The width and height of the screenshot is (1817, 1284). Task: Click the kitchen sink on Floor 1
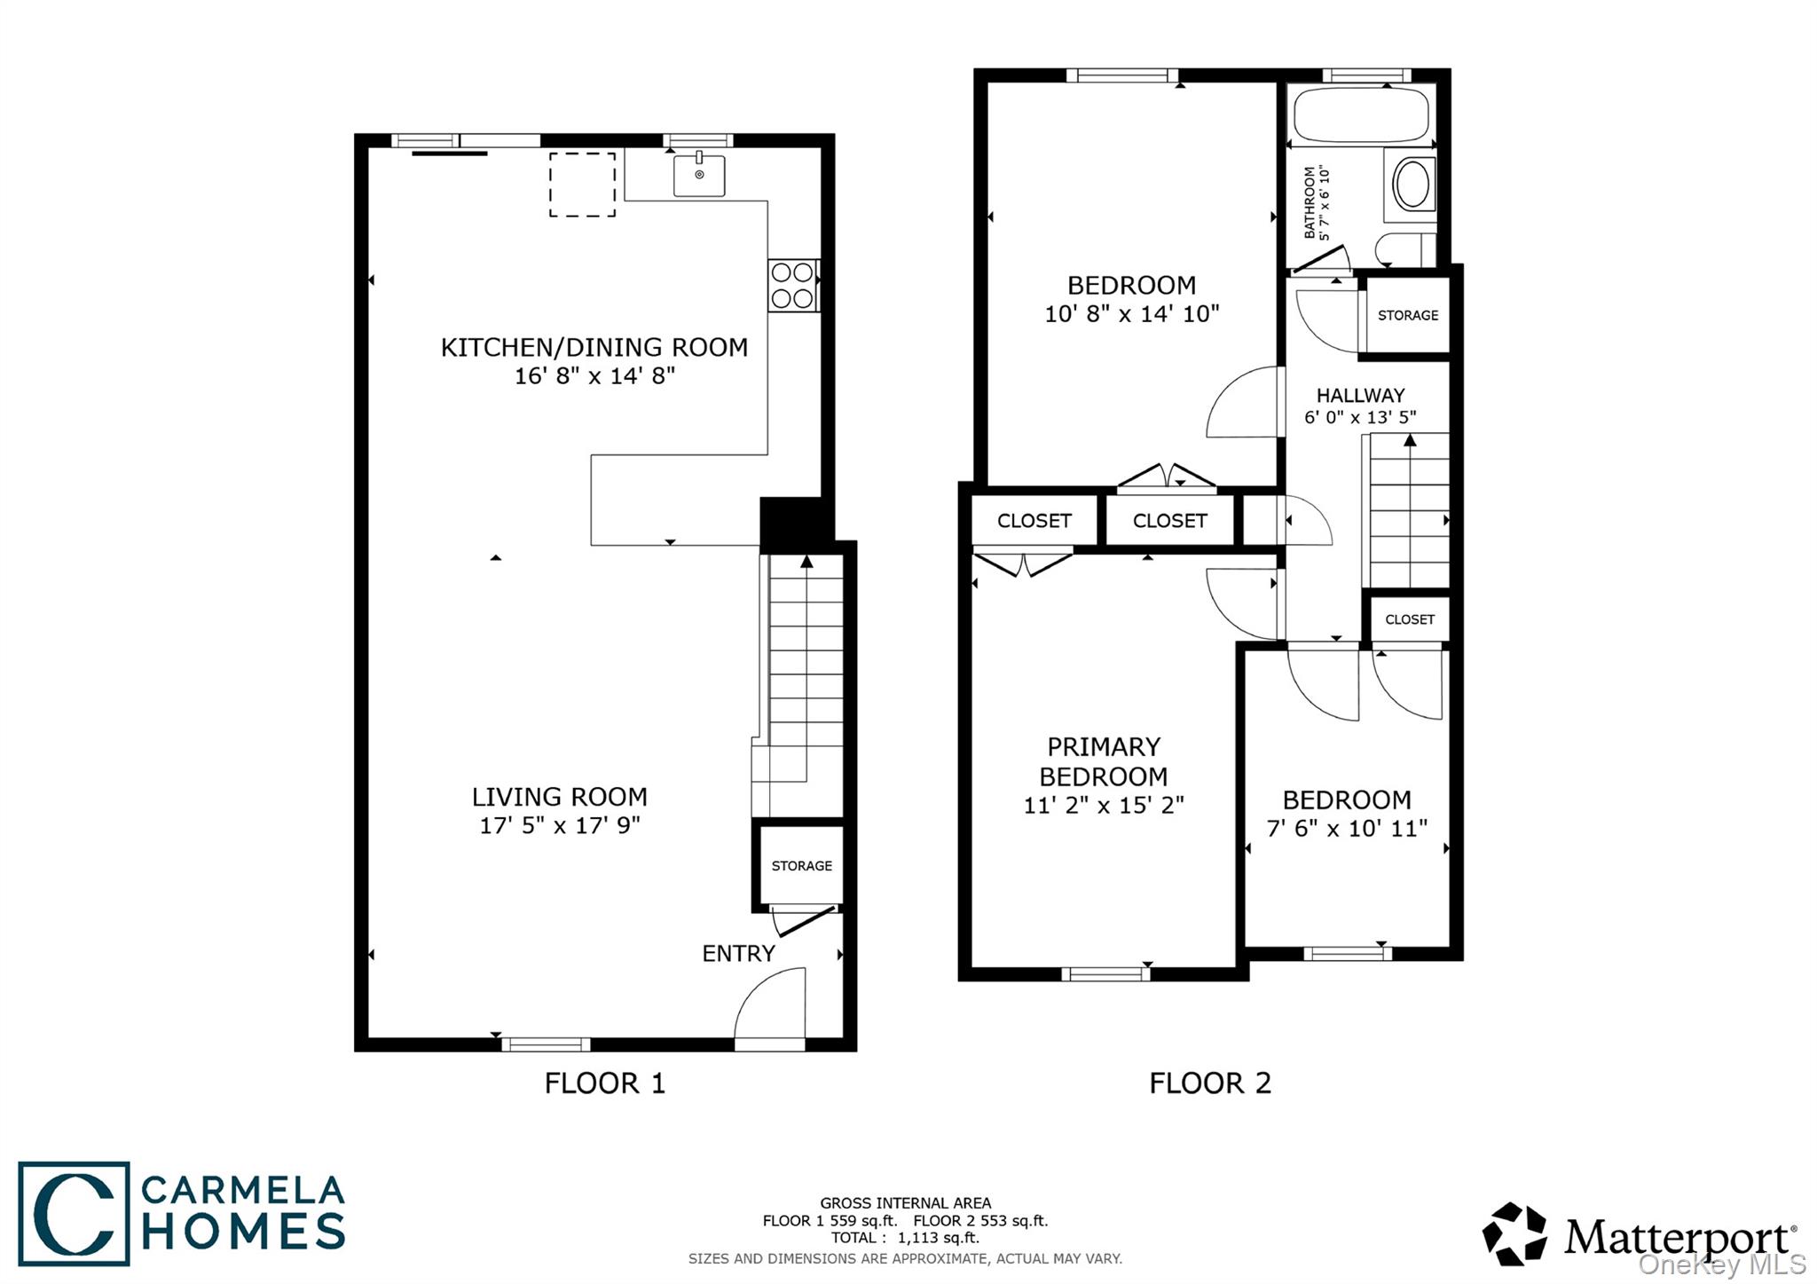coord(699,174)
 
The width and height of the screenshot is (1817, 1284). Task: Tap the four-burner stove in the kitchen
coord(792,285)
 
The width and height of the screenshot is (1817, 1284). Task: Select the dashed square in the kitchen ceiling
coord(582,185)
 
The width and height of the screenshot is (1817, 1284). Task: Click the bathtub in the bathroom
coord(1361,115)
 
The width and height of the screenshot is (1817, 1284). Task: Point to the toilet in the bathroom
coord(1406,250)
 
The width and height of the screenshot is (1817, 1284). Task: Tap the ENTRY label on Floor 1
coord(738,953)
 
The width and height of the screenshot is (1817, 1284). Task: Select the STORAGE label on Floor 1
coord(801,865)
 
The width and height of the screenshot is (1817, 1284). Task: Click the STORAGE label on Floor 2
coord(1408,315)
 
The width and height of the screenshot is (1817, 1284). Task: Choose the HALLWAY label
coord(1360,395)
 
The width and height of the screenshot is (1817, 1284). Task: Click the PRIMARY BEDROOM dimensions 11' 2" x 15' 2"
coord(1104,805)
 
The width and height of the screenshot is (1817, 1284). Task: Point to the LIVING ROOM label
coord(559,796)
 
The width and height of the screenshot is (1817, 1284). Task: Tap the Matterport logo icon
coord(1514,1234)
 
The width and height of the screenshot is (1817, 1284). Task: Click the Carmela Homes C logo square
coord(74,1213)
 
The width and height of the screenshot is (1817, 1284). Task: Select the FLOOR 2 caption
coord(1210,1083)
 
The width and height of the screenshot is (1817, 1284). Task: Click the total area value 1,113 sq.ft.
coord(939,1238)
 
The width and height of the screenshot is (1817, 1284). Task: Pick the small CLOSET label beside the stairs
coord(1409,619)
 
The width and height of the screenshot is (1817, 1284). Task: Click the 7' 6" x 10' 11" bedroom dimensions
coord(1347,828)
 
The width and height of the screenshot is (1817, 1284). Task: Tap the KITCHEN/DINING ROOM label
coord(594,347)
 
